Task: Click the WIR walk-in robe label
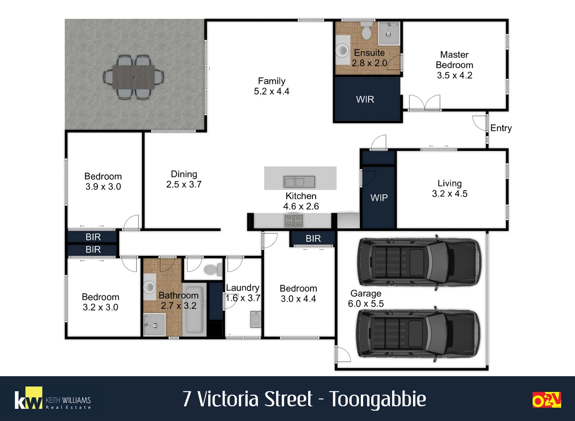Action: [x=365, y=99]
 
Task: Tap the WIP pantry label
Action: [x=379, y=198]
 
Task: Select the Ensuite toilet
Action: [x=366, y=30]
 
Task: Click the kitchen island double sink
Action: [x=299, y=182]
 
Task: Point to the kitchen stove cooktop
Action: [x=294, y=221]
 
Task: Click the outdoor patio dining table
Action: [x=133, y=77]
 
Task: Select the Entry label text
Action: [x=501, y=128]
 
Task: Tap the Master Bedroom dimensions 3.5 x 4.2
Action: [x=454, y=75]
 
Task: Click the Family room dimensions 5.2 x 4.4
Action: [x=272, y=91]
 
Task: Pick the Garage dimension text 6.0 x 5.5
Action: [x=366, y=304]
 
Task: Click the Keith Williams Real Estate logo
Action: [x=53, y=398]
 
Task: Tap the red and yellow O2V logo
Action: [x=547, y=400]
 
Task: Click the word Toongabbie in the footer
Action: [x=377, y=399]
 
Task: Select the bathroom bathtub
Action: [x=194, y=310]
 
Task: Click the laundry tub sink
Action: [x=256, y=319]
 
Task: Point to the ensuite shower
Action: [x=389, y=34]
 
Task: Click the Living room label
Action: [x=450, y=183]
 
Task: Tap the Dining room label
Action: [x=184, y=174]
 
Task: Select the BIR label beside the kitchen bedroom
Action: [x=313, y=239]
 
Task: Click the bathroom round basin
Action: [x=149, y=286]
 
